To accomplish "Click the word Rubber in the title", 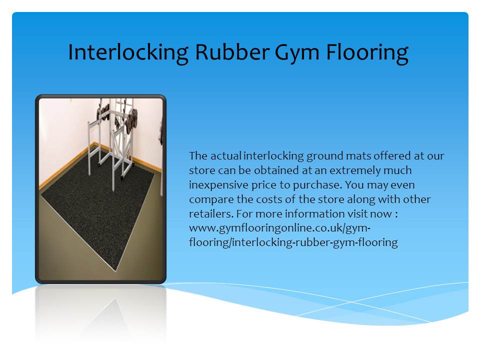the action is pyautogui.click(x=232, y=51).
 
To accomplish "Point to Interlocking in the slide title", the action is pyautogui.click(x=128, y=52).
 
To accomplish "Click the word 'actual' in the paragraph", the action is pyautogui.click(x=226, y=155).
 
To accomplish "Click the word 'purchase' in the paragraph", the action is pyautogui.click(x=316, y=185).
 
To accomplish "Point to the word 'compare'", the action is pyautogui.click(x=211, y=200).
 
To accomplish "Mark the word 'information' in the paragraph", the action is pyautogui.click(x=310, y=213).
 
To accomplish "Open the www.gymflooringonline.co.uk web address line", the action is pyautogui.click(x=280, y=228).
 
